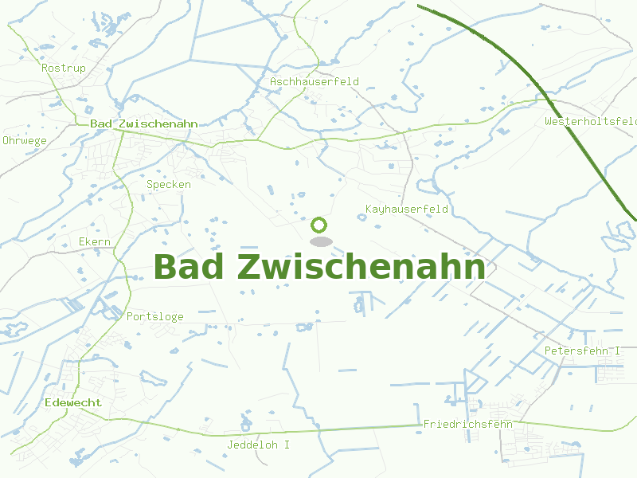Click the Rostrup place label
(x=64, y=69)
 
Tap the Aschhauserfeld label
(x=315, y=82)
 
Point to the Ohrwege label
(x=25, y=140)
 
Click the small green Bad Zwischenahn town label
(x=144, y=124)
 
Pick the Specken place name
(x=169, y=185)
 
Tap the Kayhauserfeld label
(x=407, y=210)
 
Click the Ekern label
(x=95, y=242)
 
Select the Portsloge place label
(x=155, y=317)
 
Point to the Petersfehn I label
(x=582, y=351)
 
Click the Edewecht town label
(x=73, y=403)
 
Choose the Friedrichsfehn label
(x=468, y=424)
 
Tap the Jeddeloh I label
(x=259, y=445)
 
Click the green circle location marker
(x=320, y=225)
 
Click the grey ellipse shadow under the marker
(x=320, y=241)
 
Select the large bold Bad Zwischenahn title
(x=319, y=268)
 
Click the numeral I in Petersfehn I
(x=617, y=351)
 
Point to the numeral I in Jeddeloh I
(x=287, y=445)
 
